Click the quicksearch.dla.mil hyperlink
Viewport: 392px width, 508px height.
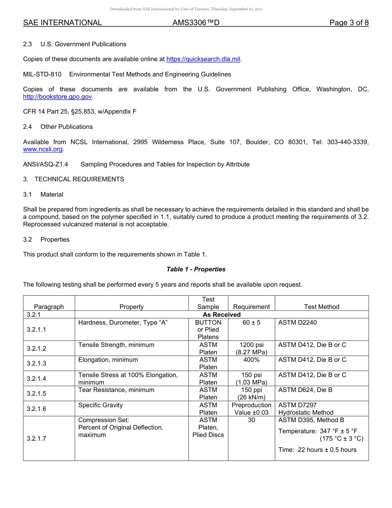(203, 59)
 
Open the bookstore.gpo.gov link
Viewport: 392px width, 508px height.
(57, 97)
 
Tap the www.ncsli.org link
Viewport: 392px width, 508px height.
(43, 149)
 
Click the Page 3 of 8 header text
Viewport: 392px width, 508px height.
(349, 23)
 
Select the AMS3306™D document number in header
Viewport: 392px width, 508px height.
(196, 23)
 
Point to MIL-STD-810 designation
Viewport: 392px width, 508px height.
(42, 74)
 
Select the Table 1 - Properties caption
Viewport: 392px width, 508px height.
(196, 269)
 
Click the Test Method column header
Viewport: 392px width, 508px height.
(321, 307)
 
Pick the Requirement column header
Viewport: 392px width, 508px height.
(251, 307)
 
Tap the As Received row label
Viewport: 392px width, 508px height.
(222, 315)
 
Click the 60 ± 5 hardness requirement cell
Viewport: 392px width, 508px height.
(251, 323)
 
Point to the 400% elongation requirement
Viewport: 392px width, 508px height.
(251, 360)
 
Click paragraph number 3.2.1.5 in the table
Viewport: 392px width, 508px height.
(36, 394)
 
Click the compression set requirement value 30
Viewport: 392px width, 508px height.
(251, 420)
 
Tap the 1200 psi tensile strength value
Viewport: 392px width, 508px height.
(251, 345)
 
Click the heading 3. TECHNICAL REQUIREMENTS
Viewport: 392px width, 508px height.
(73, 179)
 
